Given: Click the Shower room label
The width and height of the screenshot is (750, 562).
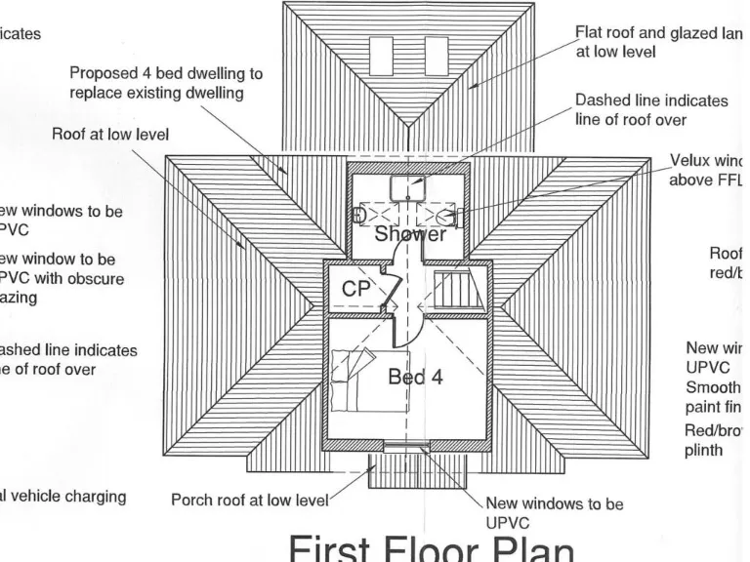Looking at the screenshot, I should [410, 234].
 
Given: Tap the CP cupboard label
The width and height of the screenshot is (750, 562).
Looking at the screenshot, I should [357, 289].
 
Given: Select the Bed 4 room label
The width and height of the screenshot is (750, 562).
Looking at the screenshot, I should [415, 378].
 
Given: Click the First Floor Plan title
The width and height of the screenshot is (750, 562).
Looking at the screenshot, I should [429, 548].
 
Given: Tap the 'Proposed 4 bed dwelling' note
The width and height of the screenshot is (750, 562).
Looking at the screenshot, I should [165, 83].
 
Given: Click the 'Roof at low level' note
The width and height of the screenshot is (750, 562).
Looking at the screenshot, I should [110, 135].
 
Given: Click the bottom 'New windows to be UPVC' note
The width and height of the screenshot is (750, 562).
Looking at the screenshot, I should [554, 513].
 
